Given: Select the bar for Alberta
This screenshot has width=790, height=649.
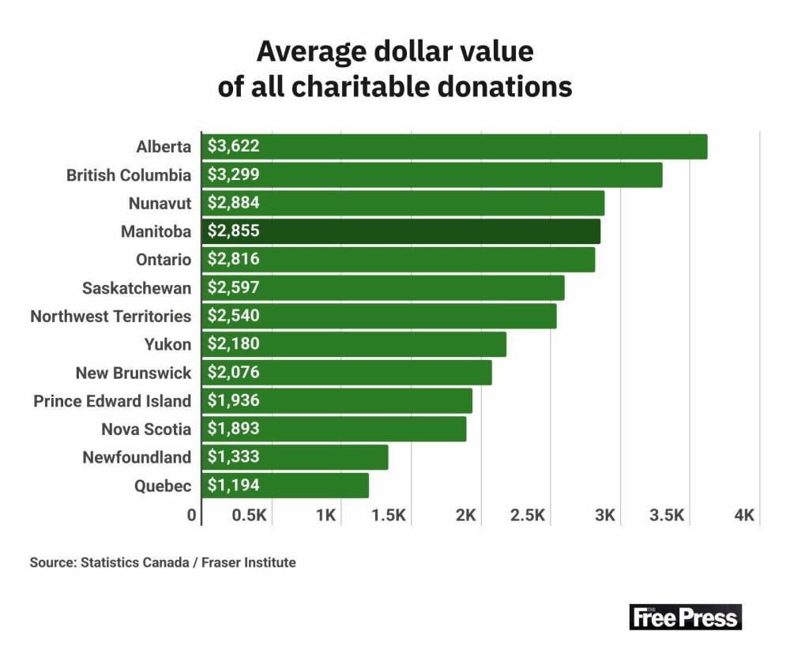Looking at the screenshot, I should (455, 147).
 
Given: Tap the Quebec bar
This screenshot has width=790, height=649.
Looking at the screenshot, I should (286, 486).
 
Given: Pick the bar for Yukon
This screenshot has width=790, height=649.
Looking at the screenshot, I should (355, 344).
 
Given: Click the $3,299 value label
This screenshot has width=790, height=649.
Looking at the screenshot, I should (234, 175).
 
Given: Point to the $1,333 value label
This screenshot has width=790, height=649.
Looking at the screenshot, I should (234, 457).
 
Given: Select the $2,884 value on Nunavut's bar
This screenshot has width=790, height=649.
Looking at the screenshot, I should (234, 204).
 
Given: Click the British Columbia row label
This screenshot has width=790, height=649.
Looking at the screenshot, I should (129, 175).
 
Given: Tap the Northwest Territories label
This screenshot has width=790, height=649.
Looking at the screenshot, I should (111, 317).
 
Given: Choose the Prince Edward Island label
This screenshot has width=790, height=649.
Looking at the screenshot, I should (112, 401).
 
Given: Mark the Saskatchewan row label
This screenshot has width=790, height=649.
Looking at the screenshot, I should (137, 288).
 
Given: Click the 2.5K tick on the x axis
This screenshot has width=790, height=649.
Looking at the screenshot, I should (527, 516).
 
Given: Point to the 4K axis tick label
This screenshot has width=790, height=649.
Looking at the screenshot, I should (745, 516).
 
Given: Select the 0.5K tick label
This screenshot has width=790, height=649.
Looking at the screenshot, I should (249, 516).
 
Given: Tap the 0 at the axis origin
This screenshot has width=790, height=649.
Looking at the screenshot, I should (191, 516).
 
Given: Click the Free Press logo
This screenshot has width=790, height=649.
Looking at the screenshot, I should (685, 617).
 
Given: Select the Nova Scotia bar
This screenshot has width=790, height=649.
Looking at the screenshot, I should (335, 429).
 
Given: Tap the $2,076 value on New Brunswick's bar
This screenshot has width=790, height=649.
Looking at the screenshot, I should (234, 373).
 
